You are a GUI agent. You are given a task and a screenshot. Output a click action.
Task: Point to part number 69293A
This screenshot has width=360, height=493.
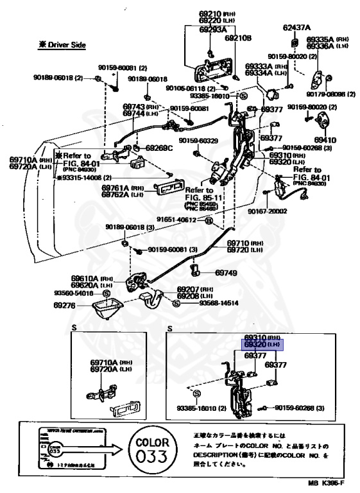point(212,29)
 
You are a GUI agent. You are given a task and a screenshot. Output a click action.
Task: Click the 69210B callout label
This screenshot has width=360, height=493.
point(238,38)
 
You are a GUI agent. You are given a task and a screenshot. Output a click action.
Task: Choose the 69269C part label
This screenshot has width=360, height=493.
point(159,148)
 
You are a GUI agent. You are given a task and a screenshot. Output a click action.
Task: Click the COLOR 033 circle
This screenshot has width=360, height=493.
point(153,449)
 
